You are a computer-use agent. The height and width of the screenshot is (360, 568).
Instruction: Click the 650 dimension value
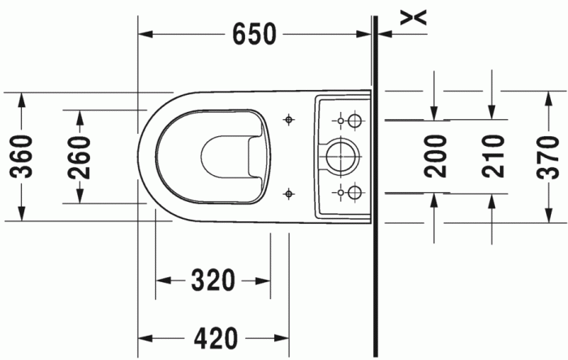(254, 34)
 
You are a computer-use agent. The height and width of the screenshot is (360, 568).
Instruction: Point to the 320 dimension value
(213, 281)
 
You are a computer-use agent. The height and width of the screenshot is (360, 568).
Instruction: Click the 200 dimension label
(437, 156)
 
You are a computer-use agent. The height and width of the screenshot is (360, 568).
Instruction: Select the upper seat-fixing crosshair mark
(287, 120)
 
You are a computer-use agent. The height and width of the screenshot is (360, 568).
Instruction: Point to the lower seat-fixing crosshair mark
(287, 192)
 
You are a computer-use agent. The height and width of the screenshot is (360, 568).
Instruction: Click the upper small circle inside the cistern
(354, 121)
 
